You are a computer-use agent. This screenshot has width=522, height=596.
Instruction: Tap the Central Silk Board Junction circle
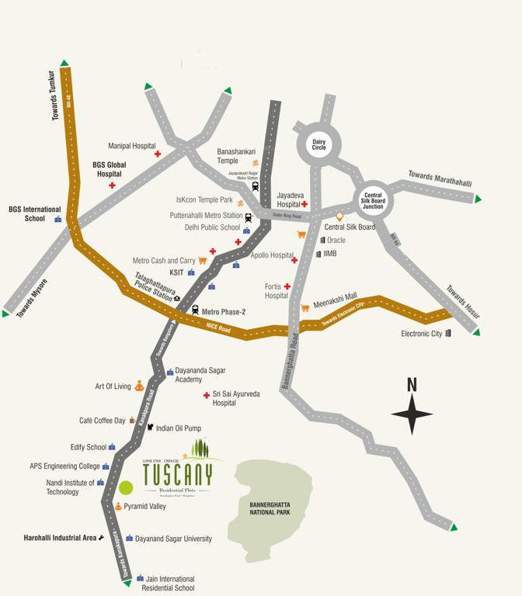(374, 199)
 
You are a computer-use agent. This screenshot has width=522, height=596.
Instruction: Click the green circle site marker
(126, 488)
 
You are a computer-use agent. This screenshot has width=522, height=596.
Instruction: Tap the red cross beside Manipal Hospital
(158, 155)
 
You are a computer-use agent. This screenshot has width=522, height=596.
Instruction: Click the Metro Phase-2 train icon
(195, 310)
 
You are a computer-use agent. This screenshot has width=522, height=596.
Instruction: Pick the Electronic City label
(421, 334)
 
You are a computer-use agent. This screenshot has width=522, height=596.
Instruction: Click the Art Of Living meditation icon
(139, 386)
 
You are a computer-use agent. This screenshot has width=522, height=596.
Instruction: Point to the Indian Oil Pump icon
(150, 428)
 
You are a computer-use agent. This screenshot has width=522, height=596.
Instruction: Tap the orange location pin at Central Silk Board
(339, 217)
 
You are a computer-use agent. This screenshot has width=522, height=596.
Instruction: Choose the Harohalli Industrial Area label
(59, 537)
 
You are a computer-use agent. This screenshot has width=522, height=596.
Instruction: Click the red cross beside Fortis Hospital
(287, 286)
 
